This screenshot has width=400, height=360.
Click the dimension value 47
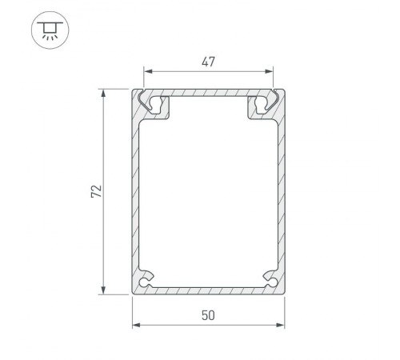(x=208, y=61)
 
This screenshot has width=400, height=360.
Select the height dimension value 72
(x=95, y=192)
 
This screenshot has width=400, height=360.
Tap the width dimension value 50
(x=208, y=315)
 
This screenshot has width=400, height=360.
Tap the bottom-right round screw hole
(x=272, y=282)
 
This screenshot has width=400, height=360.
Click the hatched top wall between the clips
(x=208, y=93)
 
